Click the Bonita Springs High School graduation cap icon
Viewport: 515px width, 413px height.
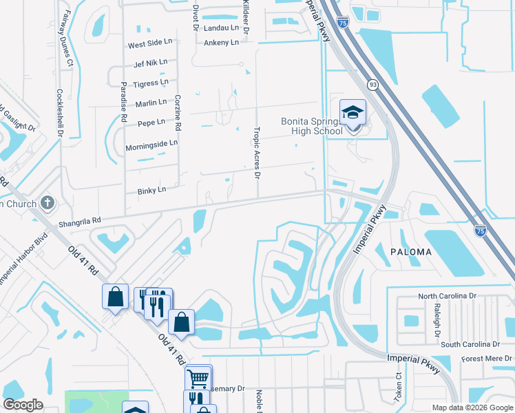(x=353, y=112)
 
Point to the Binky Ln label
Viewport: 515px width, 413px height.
(x=152, y=189)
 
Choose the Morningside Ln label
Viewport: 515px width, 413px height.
(x=151, y=146)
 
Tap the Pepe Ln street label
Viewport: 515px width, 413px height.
(x=151, y=123)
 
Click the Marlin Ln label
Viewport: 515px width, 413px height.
(x=152, y=103)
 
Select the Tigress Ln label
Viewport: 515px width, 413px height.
(x=151, y=83)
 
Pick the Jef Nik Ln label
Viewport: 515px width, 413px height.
(x=151, y=63)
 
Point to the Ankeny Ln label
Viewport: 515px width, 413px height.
(x=221, y=43)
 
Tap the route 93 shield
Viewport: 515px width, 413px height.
(x=372, y=84)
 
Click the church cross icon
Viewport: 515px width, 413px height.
(x=47, y=203)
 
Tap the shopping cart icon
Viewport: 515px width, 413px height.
(x=198, y=377)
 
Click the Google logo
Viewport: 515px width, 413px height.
(x=23, y=405)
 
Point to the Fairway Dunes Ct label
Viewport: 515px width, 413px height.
(x=67, y=38)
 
